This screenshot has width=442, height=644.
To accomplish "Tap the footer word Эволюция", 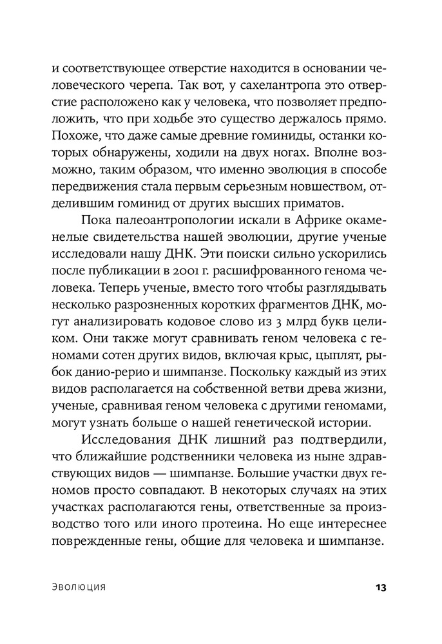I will tap(78, 587).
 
